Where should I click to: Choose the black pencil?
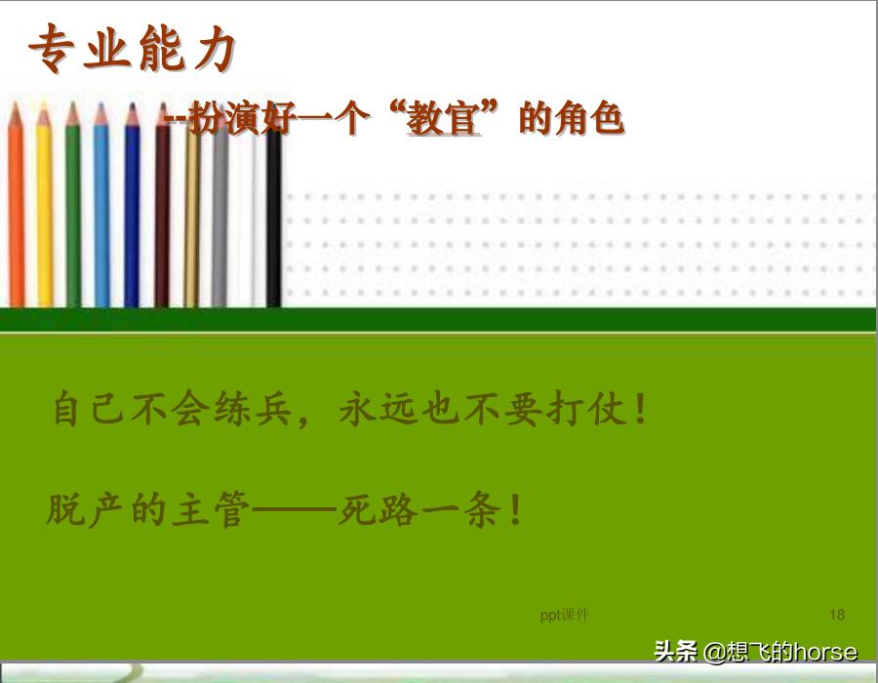[274, 224]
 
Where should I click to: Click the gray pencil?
[219, 224]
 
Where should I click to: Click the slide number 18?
[837, 615]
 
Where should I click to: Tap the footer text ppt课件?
[565, 615]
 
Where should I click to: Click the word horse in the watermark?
[825, 652]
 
